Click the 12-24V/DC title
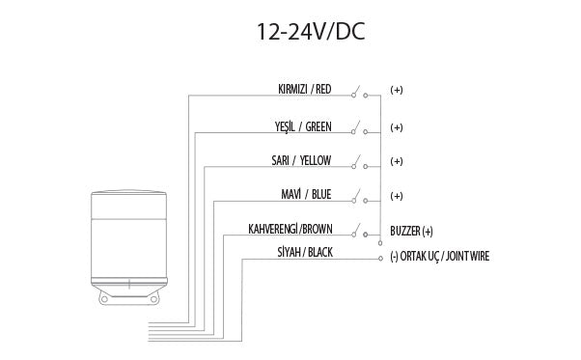click(x=310, y=31)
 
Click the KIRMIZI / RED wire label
click(x=304, y=90)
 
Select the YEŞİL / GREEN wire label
click(x=303, y=126)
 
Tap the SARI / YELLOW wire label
click(x=301, y=160)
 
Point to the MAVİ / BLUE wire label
click(x=305, y=195)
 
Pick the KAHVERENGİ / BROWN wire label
click(x=290, y=230)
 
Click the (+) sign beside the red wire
click(x=396, y=90)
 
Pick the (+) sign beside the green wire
click(x=396, y=126)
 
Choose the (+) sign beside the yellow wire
click(x=396, y=160)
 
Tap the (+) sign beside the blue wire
click(x=396, y=196)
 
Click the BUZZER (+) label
click(x=412, y=232)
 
